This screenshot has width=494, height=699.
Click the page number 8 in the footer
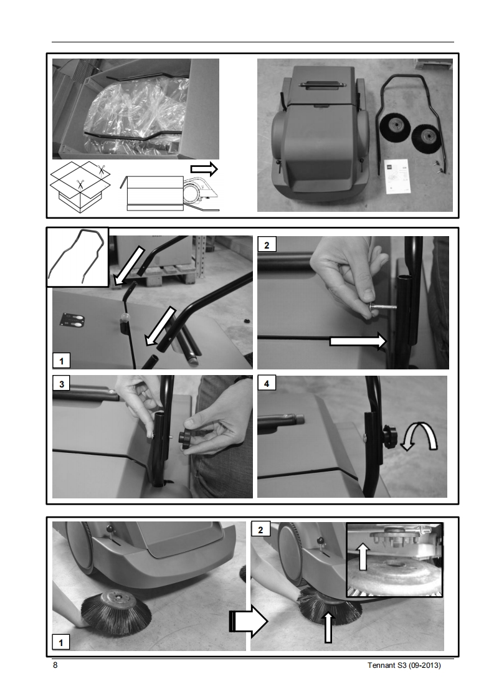coord(55,665)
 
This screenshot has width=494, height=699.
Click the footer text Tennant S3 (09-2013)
coord(404,665)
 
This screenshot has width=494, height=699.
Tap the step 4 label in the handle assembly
coord(267,383)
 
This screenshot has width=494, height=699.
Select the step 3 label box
coord(62,384)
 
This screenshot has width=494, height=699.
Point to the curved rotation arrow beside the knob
coord(419,439)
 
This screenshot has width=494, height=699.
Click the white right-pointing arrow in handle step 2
coord(358,341)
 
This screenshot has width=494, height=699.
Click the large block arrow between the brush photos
coord(249,621)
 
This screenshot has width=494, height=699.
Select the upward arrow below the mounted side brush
coord(328,628)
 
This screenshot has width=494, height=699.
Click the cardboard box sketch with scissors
coord(80,188)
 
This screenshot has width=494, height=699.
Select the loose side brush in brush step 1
coord(117,611)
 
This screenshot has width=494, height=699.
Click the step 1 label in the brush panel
coord(60,642)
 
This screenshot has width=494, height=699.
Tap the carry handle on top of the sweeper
coord(321,84)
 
